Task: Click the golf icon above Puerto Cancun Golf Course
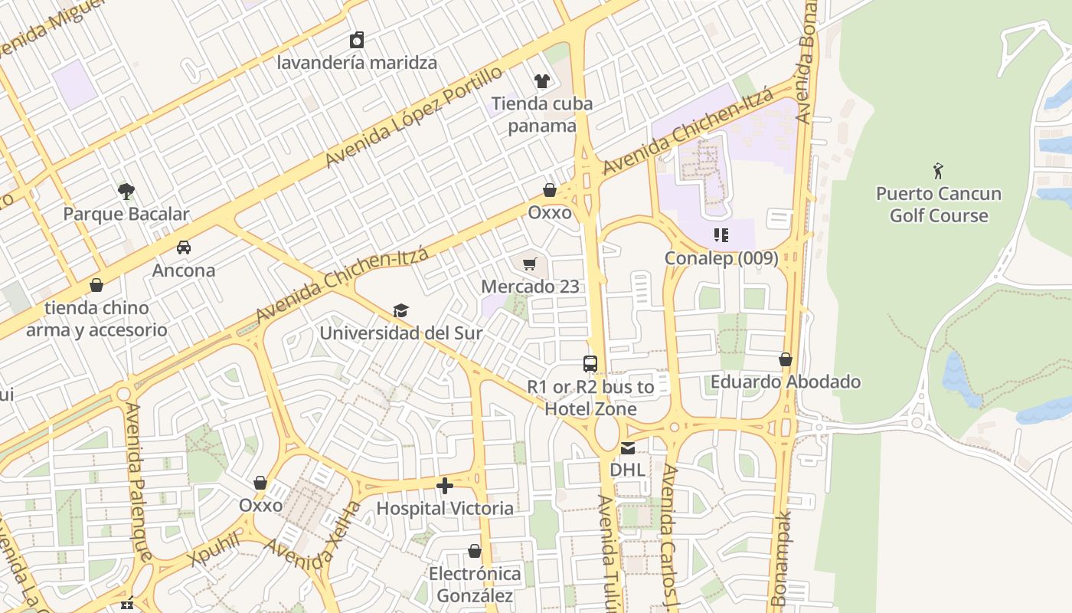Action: pyautogui.click(x=938, y=170)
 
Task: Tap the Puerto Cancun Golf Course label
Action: pyautogui.click(x=938, y=205)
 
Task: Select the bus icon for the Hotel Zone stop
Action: pyautogui.click(x=590, y=364)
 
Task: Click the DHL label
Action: pyautogui.click(x=627, y=469)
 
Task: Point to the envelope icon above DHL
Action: pyautogui.click(x=627, y=447)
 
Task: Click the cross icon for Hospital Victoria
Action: pyautogui.click(x=444, y=486)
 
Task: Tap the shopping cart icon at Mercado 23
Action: pyautogui.click(x=529, y=264)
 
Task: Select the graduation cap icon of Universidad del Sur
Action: pyautogui.click(x=400, y=310)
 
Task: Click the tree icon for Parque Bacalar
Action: pyautogui.click(x=126, y=191)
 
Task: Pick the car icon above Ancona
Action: pyautogui.click(x=183, y=247)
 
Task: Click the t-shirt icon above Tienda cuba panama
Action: pyautogui.click(x=541, y=80)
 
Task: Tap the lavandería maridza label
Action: pyautogui.click(x=357, y=62)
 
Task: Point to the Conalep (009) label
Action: pyautogui.click(x=721, y=258)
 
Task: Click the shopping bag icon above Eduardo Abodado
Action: pyautogui.click(x=785, y=359)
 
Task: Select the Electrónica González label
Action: pyautogui.click(x=475, y=584)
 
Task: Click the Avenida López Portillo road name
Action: pyautogui.click(x=413, y=116)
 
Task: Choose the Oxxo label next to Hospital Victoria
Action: pyautogui.click(x=260, y=505)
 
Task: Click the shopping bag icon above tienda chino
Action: pyautogui.click(x=96, y=285)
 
